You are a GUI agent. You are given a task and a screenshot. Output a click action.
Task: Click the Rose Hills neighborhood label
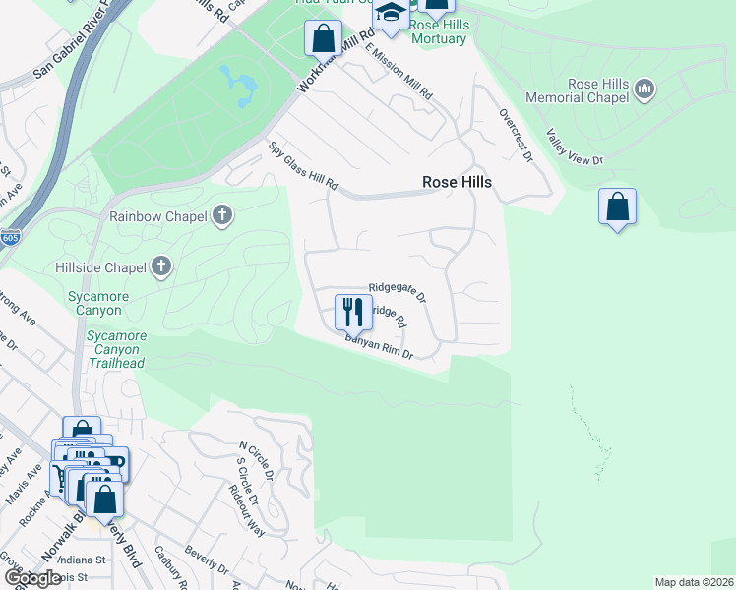tap(457, 182)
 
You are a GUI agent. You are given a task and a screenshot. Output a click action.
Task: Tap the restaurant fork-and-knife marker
tap(353, 312)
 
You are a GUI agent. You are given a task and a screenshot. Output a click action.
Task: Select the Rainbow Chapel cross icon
tap(223, 215)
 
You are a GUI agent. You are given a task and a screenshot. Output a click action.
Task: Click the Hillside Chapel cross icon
tap(161, 266)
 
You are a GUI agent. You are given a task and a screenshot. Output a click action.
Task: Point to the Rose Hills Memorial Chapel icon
tap(645, 90)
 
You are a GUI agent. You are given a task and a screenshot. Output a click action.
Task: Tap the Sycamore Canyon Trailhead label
tap(116, 349)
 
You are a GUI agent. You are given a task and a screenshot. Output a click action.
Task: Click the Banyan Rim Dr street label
tap(378, 348)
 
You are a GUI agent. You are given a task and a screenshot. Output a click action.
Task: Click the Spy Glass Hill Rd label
tap(304, 166)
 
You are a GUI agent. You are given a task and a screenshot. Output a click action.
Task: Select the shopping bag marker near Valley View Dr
tap(617, 207)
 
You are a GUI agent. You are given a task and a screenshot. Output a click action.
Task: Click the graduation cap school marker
tap(391, 15)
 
